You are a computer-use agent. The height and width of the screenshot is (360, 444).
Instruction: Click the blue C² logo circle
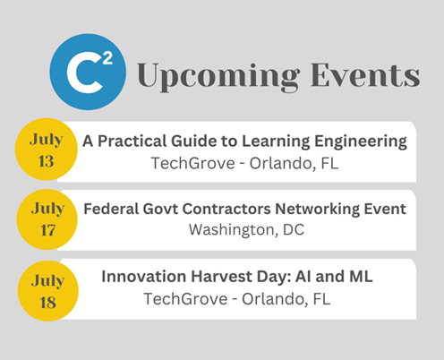(x=88, y=72)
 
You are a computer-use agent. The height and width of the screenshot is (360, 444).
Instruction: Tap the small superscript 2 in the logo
(x=107, y=58)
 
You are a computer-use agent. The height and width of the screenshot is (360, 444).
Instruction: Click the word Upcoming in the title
(x=218, y=76)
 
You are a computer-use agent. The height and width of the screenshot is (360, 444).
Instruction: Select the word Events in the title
(x=365, y=74)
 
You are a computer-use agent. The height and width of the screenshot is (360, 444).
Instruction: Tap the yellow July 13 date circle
(x=47, y=150)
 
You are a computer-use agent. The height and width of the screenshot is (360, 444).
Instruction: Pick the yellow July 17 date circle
(x=47, y=219)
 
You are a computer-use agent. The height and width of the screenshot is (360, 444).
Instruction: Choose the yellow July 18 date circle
(x=47, y=291)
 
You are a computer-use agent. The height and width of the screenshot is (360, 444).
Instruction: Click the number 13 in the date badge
(x=46, y=161)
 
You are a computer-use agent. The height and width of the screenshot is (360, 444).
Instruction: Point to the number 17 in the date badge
(x=47, y=230)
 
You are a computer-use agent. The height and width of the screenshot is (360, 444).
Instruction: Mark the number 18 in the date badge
(x=47, y=303)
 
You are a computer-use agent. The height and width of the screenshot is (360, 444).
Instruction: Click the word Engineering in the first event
(x=361, y=141)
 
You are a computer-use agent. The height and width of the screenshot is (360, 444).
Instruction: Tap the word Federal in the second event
(x=111, y=209)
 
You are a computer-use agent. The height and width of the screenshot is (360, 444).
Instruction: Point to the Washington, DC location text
(x=246, y=230)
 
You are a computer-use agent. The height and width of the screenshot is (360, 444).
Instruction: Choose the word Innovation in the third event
(x=144, y=277)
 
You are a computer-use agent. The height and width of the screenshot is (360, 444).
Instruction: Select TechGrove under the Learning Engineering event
(x=193, y=163)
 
